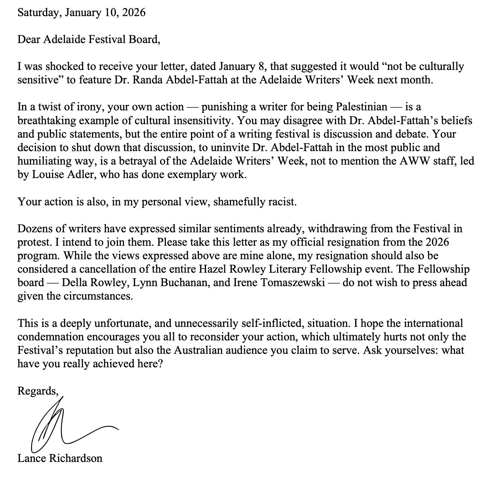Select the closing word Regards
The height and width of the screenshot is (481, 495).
tap(37, 391)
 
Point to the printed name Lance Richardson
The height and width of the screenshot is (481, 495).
tap(60, 458)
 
